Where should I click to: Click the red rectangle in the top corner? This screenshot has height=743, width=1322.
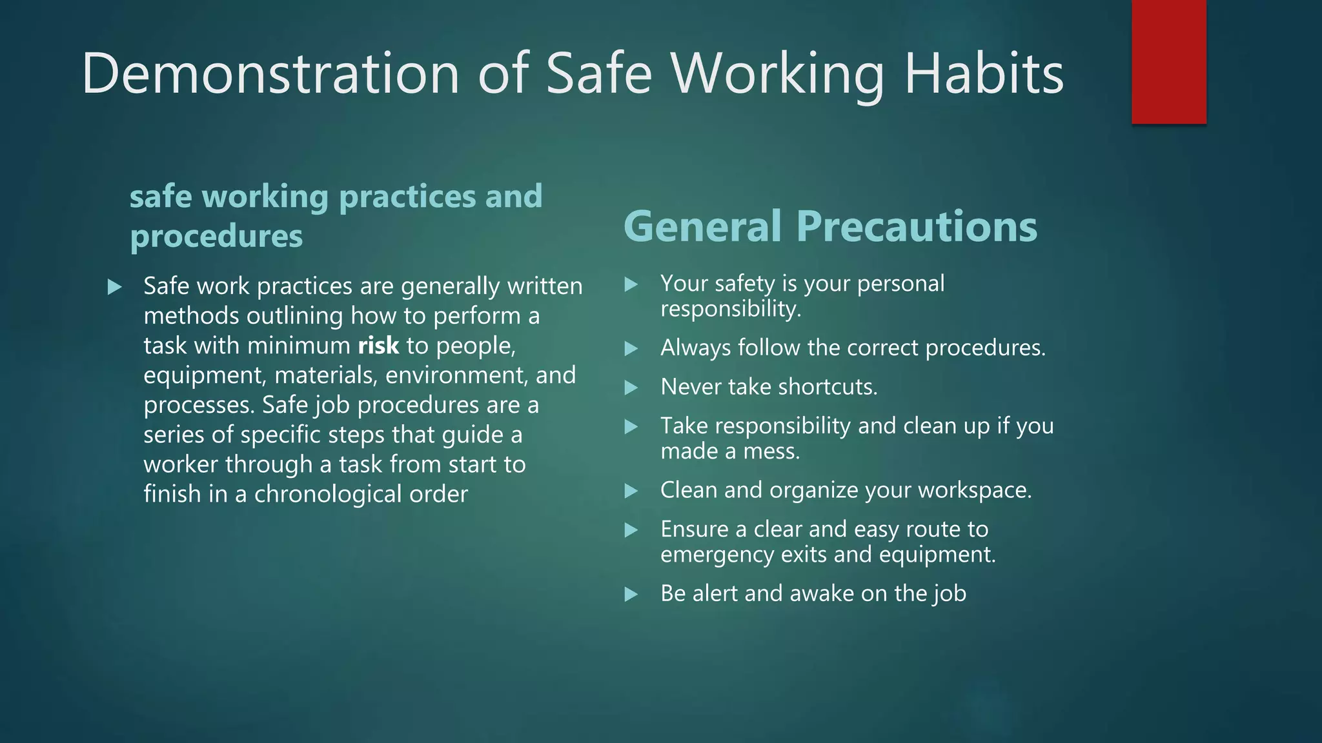tap(1168, 62)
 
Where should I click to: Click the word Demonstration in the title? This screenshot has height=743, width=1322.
tap(270, 74)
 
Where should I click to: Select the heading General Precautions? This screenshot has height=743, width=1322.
tap(830, 226)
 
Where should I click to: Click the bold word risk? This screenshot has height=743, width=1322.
tap(378, 346)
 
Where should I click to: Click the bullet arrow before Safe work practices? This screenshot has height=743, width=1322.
tap(115, 287)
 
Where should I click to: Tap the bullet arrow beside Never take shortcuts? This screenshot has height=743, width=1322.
tap(631, 388)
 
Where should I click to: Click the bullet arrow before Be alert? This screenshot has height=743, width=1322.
tap(631, 594)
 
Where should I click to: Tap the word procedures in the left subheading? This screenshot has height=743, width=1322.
tap(216, 236)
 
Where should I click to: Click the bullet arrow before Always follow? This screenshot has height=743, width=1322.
tap(631, 348)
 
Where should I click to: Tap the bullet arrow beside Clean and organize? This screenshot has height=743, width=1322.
tap(631, 491)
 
